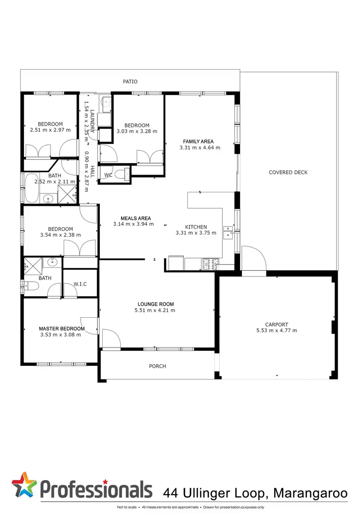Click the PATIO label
click(x=130, y=82)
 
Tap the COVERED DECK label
click(x=288, y=172)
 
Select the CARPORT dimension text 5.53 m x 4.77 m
click(x=276, y=330)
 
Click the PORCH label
click(x=157, y=366)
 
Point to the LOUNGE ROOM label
click(x=156, y=304)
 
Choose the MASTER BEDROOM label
click(x=61, y=329)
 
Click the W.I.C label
click(x=80, y=284)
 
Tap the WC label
click(x=108, y=175)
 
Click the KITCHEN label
click(x=196, y=227)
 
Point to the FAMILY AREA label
click(x=198, y=141)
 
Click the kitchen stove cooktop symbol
click(x=209, y=263)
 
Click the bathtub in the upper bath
click(x=34, y=188)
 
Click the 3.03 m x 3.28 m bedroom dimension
click(x=137, y=131)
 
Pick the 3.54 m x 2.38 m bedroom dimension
click(x=60, y=235)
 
